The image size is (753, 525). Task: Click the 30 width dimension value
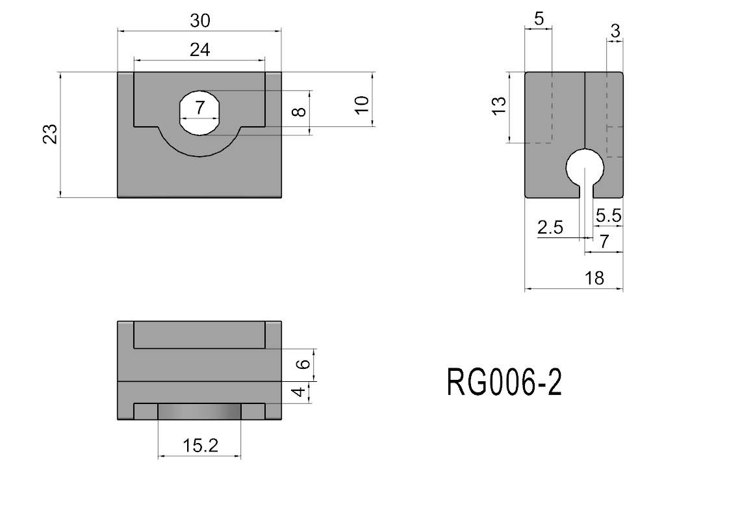click(199, 21)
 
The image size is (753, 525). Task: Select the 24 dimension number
click(199, 50)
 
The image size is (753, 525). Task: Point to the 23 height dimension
click(50, 134)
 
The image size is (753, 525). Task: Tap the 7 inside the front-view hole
click(199, 108)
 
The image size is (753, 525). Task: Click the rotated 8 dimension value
click(299, 111)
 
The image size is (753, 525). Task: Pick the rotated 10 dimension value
click(362, 104)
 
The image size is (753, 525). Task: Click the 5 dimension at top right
click(539, 19)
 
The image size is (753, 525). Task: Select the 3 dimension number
click(615, 31)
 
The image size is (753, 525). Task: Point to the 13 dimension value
click(499, 106)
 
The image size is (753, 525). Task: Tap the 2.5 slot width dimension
click(550, 227)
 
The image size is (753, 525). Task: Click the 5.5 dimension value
click(609, 216)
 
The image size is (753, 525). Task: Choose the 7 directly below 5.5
click(604, 241)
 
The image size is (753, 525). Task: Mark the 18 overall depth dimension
click(594, 278)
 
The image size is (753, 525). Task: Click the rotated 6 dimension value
click(303, 364)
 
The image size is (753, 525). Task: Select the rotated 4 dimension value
click(299, 392)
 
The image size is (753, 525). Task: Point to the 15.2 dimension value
click(200, 446)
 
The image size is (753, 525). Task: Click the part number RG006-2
click(504, 383)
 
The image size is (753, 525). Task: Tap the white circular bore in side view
click(585, 167)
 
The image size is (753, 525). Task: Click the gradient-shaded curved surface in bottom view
click(199, 412)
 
